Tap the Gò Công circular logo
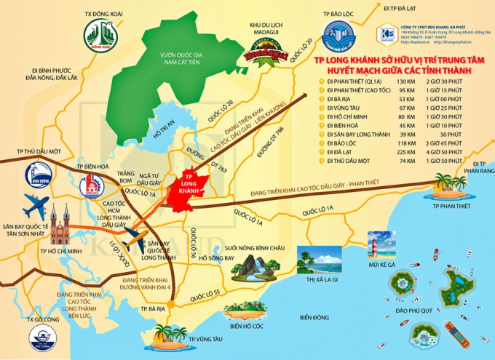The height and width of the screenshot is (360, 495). pos(43,337)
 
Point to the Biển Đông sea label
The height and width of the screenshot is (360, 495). pos(314,317)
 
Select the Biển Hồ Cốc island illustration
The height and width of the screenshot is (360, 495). pos(245,311)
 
